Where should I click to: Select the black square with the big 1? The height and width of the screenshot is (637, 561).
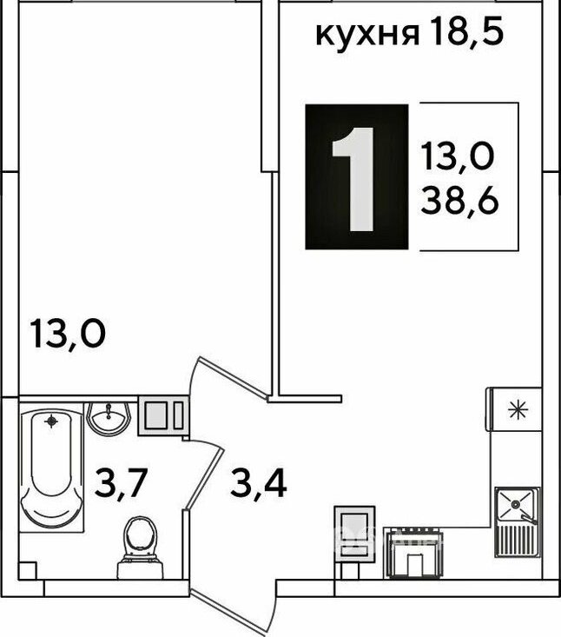357,176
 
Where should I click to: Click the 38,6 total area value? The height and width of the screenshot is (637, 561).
459,201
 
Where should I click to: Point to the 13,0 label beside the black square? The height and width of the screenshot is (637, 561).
458,156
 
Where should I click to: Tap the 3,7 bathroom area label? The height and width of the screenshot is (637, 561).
120,483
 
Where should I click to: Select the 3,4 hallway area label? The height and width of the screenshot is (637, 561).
259,483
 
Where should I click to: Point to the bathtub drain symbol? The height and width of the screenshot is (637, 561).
51,421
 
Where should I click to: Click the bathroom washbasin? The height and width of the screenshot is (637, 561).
109,418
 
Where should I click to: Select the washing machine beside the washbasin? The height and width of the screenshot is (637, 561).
163,415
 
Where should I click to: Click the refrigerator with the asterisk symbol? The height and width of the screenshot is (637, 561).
516,408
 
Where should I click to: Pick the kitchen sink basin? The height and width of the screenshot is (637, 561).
516,505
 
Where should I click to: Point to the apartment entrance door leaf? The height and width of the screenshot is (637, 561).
230,612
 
